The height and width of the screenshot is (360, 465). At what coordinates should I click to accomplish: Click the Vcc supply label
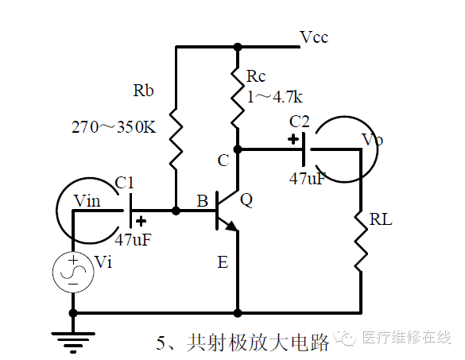point(314,37)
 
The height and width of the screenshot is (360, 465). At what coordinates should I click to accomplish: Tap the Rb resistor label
point(143,90)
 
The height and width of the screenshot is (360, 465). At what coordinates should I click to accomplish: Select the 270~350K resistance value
point(114,127)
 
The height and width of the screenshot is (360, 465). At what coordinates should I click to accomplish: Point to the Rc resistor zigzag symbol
point(238,97)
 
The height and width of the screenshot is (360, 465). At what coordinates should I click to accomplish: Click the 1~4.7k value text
point(274,97)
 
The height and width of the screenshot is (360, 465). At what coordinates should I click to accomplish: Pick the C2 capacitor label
point(300,122)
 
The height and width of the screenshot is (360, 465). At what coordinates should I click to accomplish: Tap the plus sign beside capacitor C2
point(293,139)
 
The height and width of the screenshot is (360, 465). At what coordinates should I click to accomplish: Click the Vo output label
point(373,139)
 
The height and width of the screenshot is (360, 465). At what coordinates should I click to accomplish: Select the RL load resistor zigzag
point(361,241)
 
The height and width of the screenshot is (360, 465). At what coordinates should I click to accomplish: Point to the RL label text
point(381,220)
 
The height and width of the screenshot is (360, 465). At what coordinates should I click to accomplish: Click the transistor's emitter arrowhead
point(232,226)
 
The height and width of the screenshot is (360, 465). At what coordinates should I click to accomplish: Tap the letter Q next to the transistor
point(246,199)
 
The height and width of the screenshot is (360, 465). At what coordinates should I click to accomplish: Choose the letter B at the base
point(203,201)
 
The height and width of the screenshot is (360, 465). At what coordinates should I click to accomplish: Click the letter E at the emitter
point(223,262)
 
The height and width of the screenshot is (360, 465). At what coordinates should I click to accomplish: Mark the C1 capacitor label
point(124,183)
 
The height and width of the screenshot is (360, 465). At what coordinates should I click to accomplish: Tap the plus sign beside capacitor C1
point(141,221)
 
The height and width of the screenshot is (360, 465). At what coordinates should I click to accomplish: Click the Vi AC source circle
point(73,273)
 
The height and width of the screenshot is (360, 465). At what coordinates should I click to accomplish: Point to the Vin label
point(87,201)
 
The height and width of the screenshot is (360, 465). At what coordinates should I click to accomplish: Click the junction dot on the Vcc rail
point(238,47)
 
